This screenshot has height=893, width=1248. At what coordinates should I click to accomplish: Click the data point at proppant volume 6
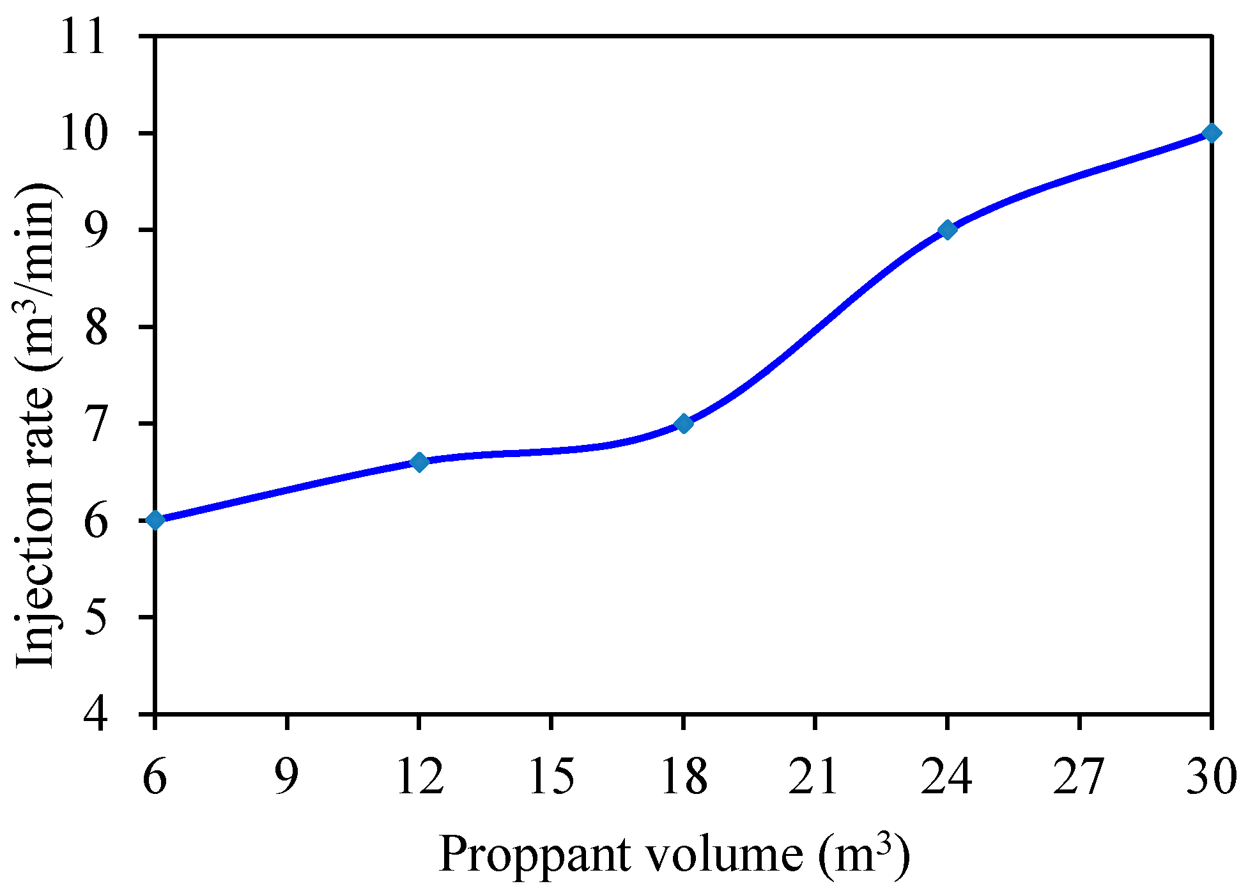(x=155, y=520)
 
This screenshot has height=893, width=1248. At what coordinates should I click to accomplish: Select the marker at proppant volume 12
(x=419, y=462)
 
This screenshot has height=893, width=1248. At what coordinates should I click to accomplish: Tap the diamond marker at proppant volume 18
(x=684, y=423)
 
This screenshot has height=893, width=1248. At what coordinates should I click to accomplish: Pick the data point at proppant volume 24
(x=948, y=229)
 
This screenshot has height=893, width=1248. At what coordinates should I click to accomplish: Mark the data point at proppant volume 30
(x=1211, y=133)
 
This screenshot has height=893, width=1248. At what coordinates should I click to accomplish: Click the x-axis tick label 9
(x=287, y=777)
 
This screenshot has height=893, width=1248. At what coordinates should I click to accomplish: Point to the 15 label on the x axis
(x=551, y=777)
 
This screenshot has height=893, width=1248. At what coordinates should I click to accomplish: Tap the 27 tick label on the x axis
(x=1079, y=777)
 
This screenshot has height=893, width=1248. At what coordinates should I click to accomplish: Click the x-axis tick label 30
(x=1211, y=777)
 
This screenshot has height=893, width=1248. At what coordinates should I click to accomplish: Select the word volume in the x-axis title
(x=723, y=855)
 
